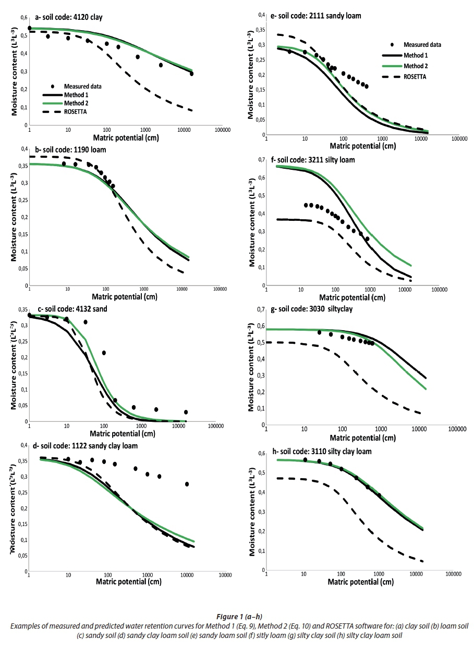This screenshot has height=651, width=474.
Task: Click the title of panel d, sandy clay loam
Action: click(x=87, y=446)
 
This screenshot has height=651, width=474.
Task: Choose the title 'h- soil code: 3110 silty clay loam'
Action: click(x=321, y=452)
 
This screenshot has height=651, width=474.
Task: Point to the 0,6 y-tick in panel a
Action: click(x=22, y=18)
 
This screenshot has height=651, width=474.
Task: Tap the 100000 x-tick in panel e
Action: click(x=459, y=139)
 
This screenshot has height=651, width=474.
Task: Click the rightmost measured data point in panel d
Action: click(x=187, y=484)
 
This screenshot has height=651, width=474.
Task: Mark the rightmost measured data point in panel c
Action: click(x=186, y=412)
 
